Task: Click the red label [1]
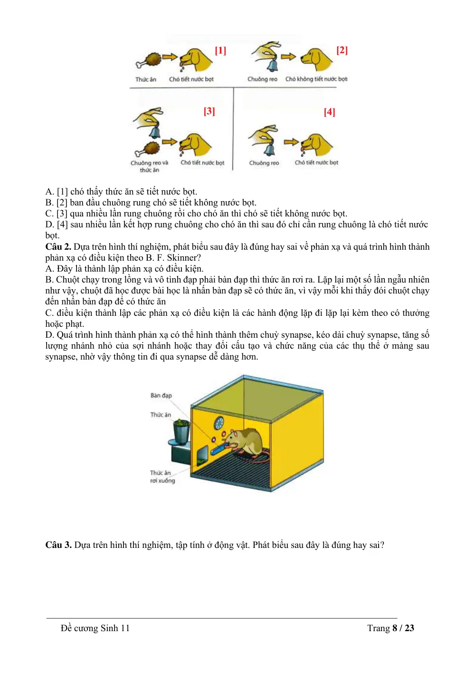click(x=220, y=50)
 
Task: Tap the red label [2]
click(x=342, y=50)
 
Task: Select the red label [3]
click(x=209, y=111)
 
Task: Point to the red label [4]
click(x=329, y=112)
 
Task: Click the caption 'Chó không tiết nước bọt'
click(x=316, y=79)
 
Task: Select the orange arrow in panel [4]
click(x=291, y=142)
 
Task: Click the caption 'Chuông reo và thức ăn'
click(x=149, y=166)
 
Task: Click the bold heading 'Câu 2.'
click(x=58, y=247)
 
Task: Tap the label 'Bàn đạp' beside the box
click(x=161, y=395)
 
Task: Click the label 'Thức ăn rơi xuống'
click(x=162, y=477)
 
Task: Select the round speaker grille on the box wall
click(x=219, y=423)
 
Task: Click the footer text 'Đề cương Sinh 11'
click(x=95, y=628)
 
